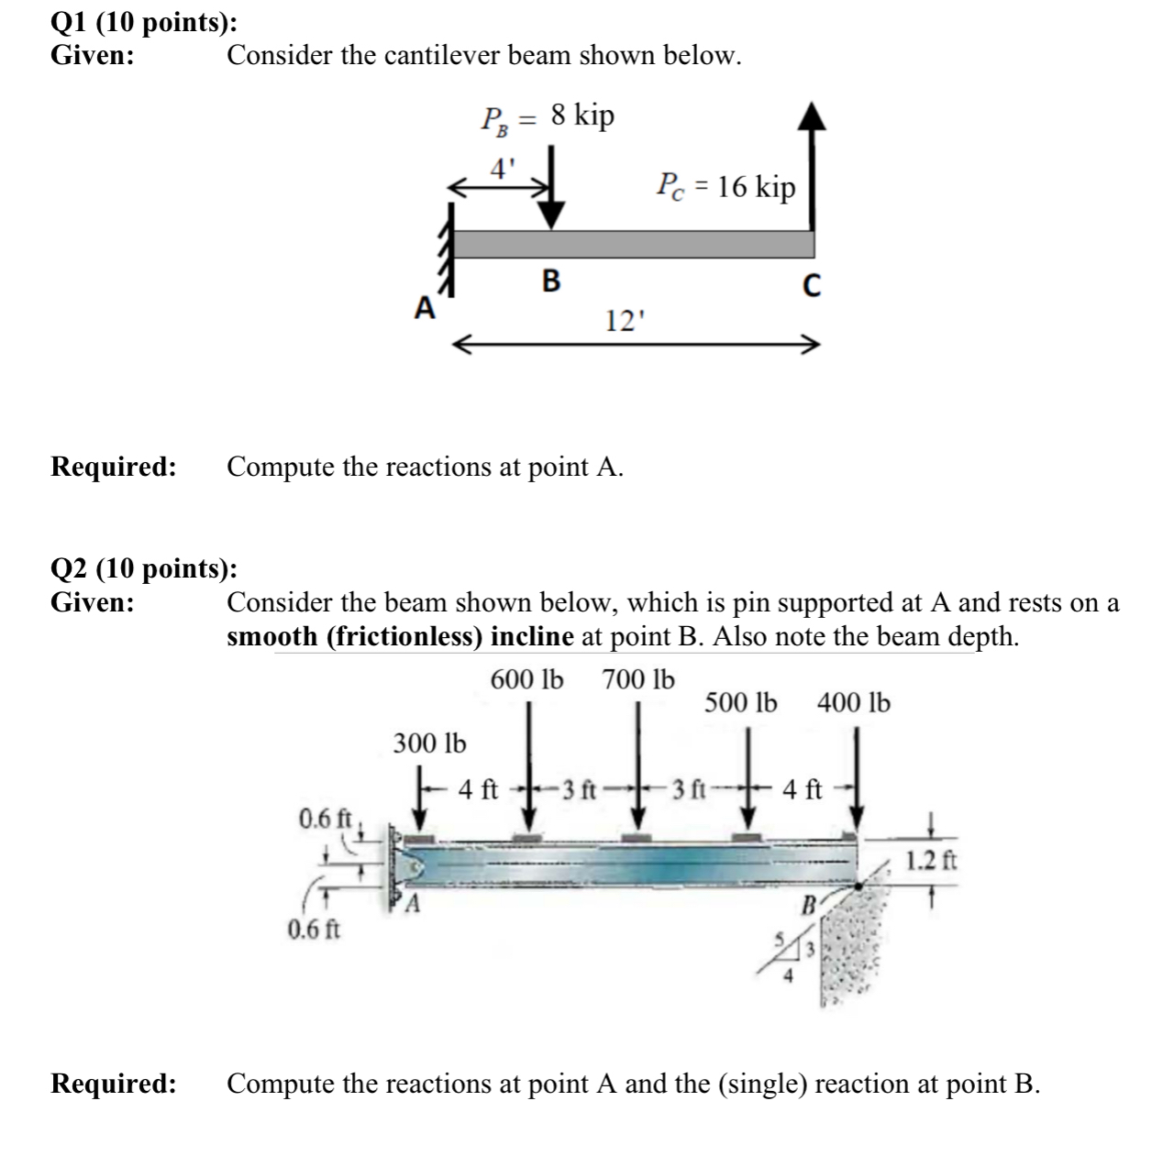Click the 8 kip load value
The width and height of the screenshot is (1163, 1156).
(582, 116)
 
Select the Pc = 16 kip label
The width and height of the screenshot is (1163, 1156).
(725, 187)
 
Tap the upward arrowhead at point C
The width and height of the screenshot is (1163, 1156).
(810, 118)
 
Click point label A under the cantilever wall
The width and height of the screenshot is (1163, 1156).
(423, 309)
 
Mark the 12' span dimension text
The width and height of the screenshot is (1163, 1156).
(626, 321)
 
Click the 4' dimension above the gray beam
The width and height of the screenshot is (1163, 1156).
(503, 170)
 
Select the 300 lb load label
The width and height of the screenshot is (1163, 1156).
(429, 743)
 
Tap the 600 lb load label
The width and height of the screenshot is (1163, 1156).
(527, 680)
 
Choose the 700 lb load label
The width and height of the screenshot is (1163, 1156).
(638, 680)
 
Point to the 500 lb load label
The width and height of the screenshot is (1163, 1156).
(741, 703)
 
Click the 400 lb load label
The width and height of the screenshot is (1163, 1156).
(853, 703)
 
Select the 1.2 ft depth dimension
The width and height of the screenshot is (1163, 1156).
(932, 861)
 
